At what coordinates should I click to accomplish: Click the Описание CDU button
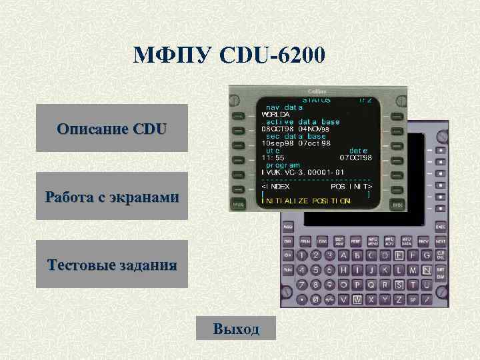(x=112, y=128)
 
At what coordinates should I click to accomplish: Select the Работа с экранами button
(x=112, y=196)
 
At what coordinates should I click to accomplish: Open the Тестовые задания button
(x=112, y=264)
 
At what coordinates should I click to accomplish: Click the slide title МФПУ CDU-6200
(x=229, y=54)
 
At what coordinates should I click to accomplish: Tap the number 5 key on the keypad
(x=315, y=271)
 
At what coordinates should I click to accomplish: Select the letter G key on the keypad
(x=427, y=255)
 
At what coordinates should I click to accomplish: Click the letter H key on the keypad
(x=344, y=271)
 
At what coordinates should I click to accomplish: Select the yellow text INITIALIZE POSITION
(x=307, y=200)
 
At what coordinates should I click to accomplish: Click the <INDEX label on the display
(x=276, y=187)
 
